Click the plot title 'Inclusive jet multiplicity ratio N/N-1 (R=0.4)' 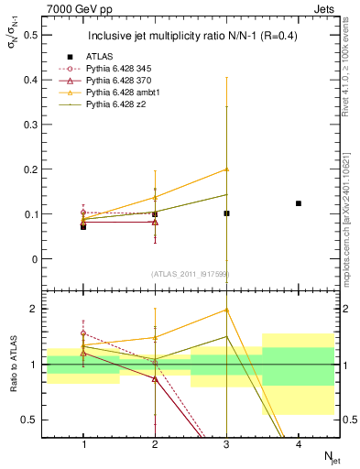[190, 37]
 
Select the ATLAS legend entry [98, 56]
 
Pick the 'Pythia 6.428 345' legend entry [120, 69]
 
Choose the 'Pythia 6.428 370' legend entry [120, 82]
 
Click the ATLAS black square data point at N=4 [299, 203]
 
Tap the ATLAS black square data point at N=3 [227, 213]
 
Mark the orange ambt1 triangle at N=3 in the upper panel [227, 169]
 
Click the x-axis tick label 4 [299, 444]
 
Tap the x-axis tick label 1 [83, 444]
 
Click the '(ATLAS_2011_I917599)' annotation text [189, 275]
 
